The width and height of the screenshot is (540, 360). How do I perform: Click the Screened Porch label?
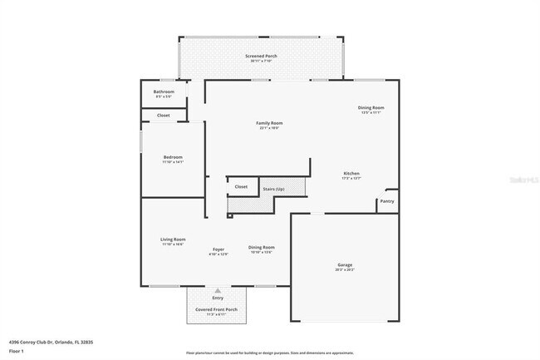point(261,56)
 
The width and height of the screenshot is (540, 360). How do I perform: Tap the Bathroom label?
point(164,91)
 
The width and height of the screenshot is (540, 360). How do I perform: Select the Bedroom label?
point(173,157)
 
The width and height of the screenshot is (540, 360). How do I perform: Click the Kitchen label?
point(351,173)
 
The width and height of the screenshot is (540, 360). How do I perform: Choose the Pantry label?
point(387,200)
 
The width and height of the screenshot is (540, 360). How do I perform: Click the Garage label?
point(345,265)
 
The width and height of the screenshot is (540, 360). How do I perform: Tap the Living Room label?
point(173,239)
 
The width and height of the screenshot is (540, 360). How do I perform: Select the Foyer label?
point(218,249)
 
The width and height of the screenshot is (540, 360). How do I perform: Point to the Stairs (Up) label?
point(274,189)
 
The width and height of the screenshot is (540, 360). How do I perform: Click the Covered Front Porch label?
point(217,309)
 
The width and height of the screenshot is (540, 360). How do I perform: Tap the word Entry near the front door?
point(218,298)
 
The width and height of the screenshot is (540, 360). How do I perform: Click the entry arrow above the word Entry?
point(218,290)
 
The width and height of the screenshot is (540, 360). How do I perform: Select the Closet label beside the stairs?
point(241,187)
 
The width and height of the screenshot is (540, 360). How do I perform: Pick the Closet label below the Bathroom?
point(164,115)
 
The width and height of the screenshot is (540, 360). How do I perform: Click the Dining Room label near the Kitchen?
point(371,107)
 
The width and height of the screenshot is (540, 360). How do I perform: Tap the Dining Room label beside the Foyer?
point(262,247)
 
